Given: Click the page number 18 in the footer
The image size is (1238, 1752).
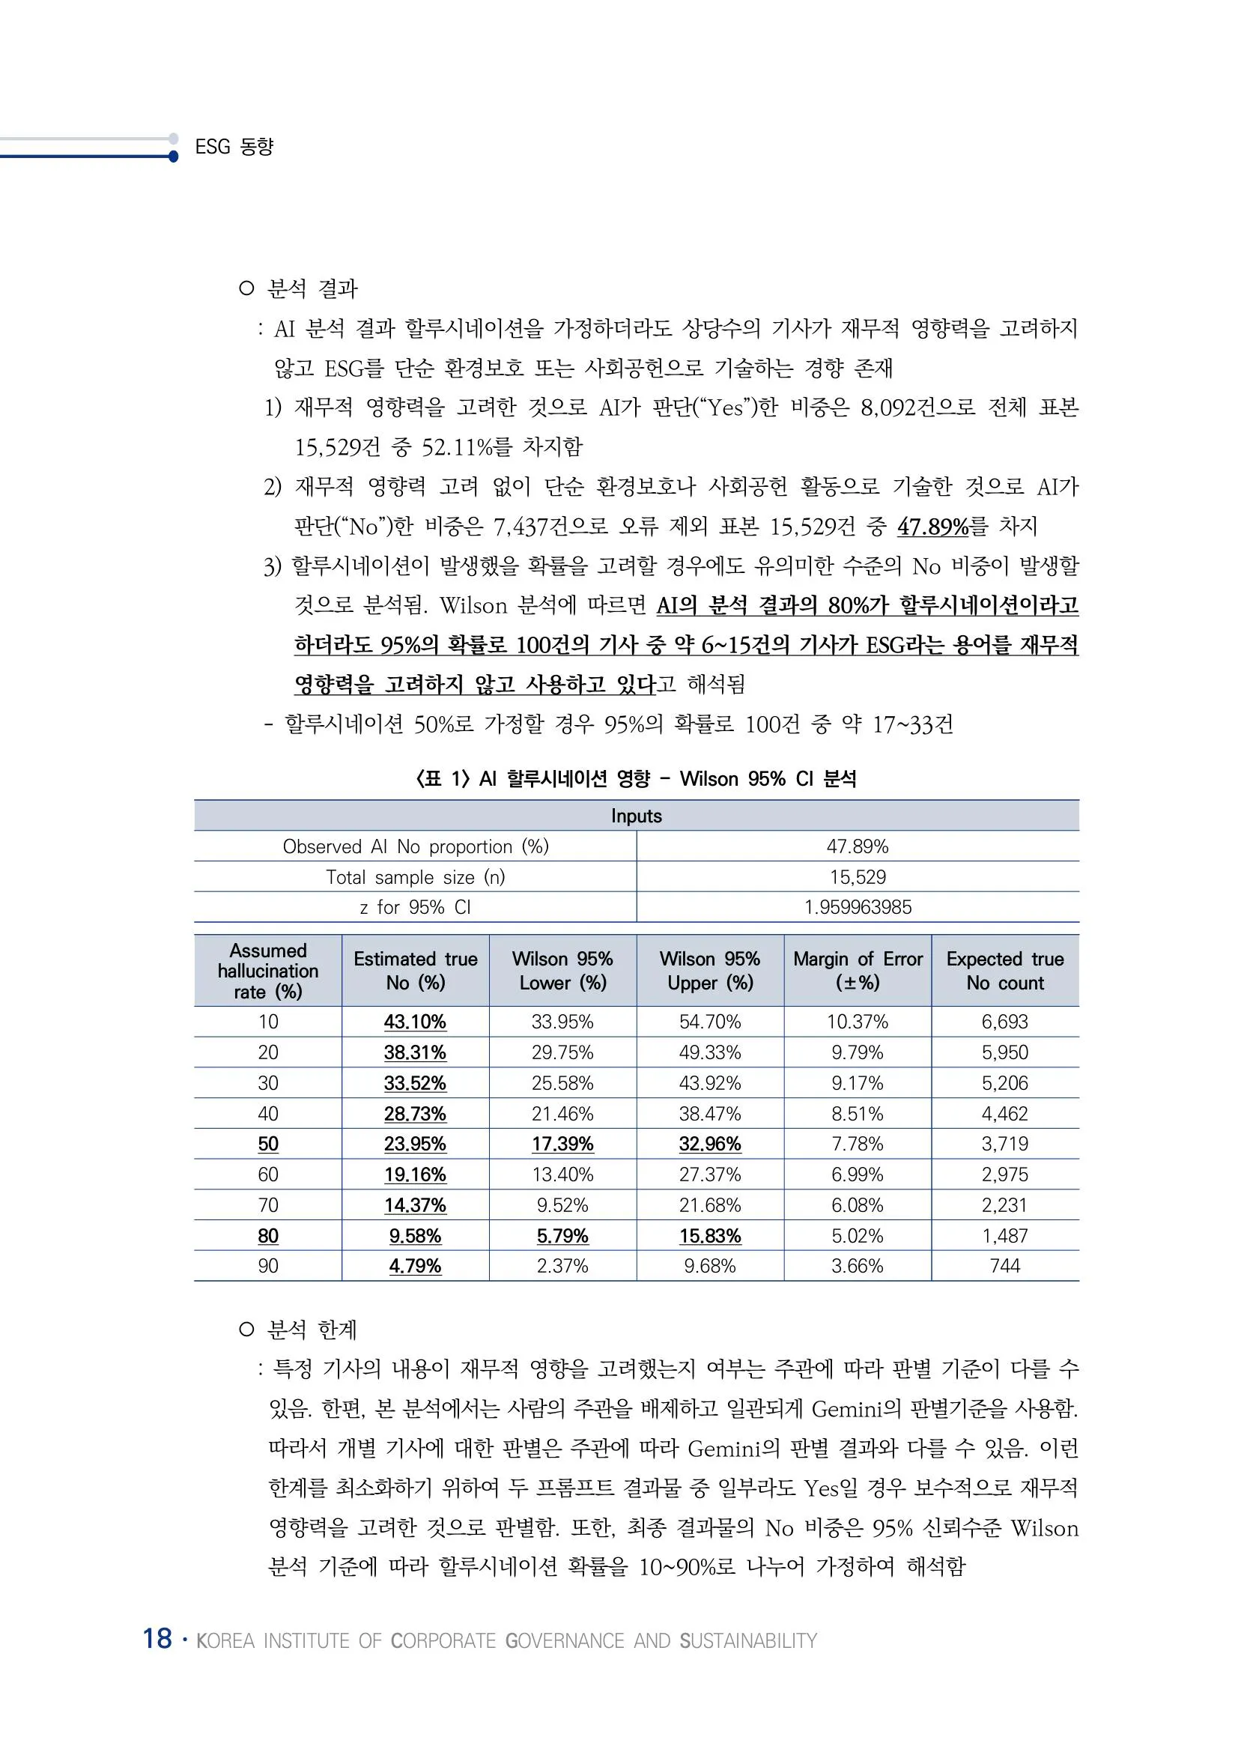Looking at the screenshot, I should (157, 1638).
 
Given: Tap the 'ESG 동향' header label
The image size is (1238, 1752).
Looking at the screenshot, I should (234, 147).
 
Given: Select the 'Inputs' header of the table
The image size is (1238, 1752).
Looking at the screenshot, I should (636, 816).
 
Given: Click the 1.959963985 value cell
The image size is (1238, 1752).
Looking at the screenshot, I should (858, 907).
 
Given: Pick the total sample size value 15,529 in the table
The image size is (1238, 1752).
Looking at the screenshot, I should (858, 877).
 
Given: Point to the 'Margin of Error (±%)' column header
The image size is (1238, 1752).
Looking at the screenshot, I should (858, 971).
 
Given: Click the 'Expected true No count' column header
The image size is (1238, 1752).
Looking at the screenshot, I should (1004, 971).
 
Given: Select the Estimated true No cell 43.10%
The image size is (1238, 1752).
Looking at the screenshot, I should (415, 1022).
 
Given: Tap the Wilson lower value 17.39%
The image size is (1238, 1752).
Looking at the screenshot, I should (562, 1144).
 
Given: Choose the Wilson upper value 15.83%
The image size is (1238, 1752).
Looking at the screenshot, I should (710, 1235).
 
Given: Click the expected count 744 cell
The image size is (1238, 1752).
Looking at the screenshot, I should (1004, 1266).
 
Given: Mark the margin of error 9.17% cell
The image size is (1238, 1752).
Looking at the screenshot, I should (858, 1083).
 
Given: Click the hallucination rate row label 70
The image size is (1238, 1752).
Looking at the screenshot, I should (267, 1205).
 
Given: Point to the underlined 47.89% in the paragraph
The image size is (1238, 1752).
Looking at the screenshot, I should (932, 527).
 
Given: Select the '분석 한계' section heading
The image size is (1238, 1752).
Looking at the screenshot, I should (312, 1330).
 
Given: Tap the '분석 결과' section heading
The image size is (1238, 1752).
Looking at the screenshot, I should (312, 288).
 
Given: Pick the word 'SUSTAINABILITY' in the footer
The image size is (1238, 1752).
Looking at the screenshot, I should (747, 1640).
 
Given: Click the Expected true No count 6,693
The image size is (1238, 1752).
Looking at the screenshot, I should (1004, 1022).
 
